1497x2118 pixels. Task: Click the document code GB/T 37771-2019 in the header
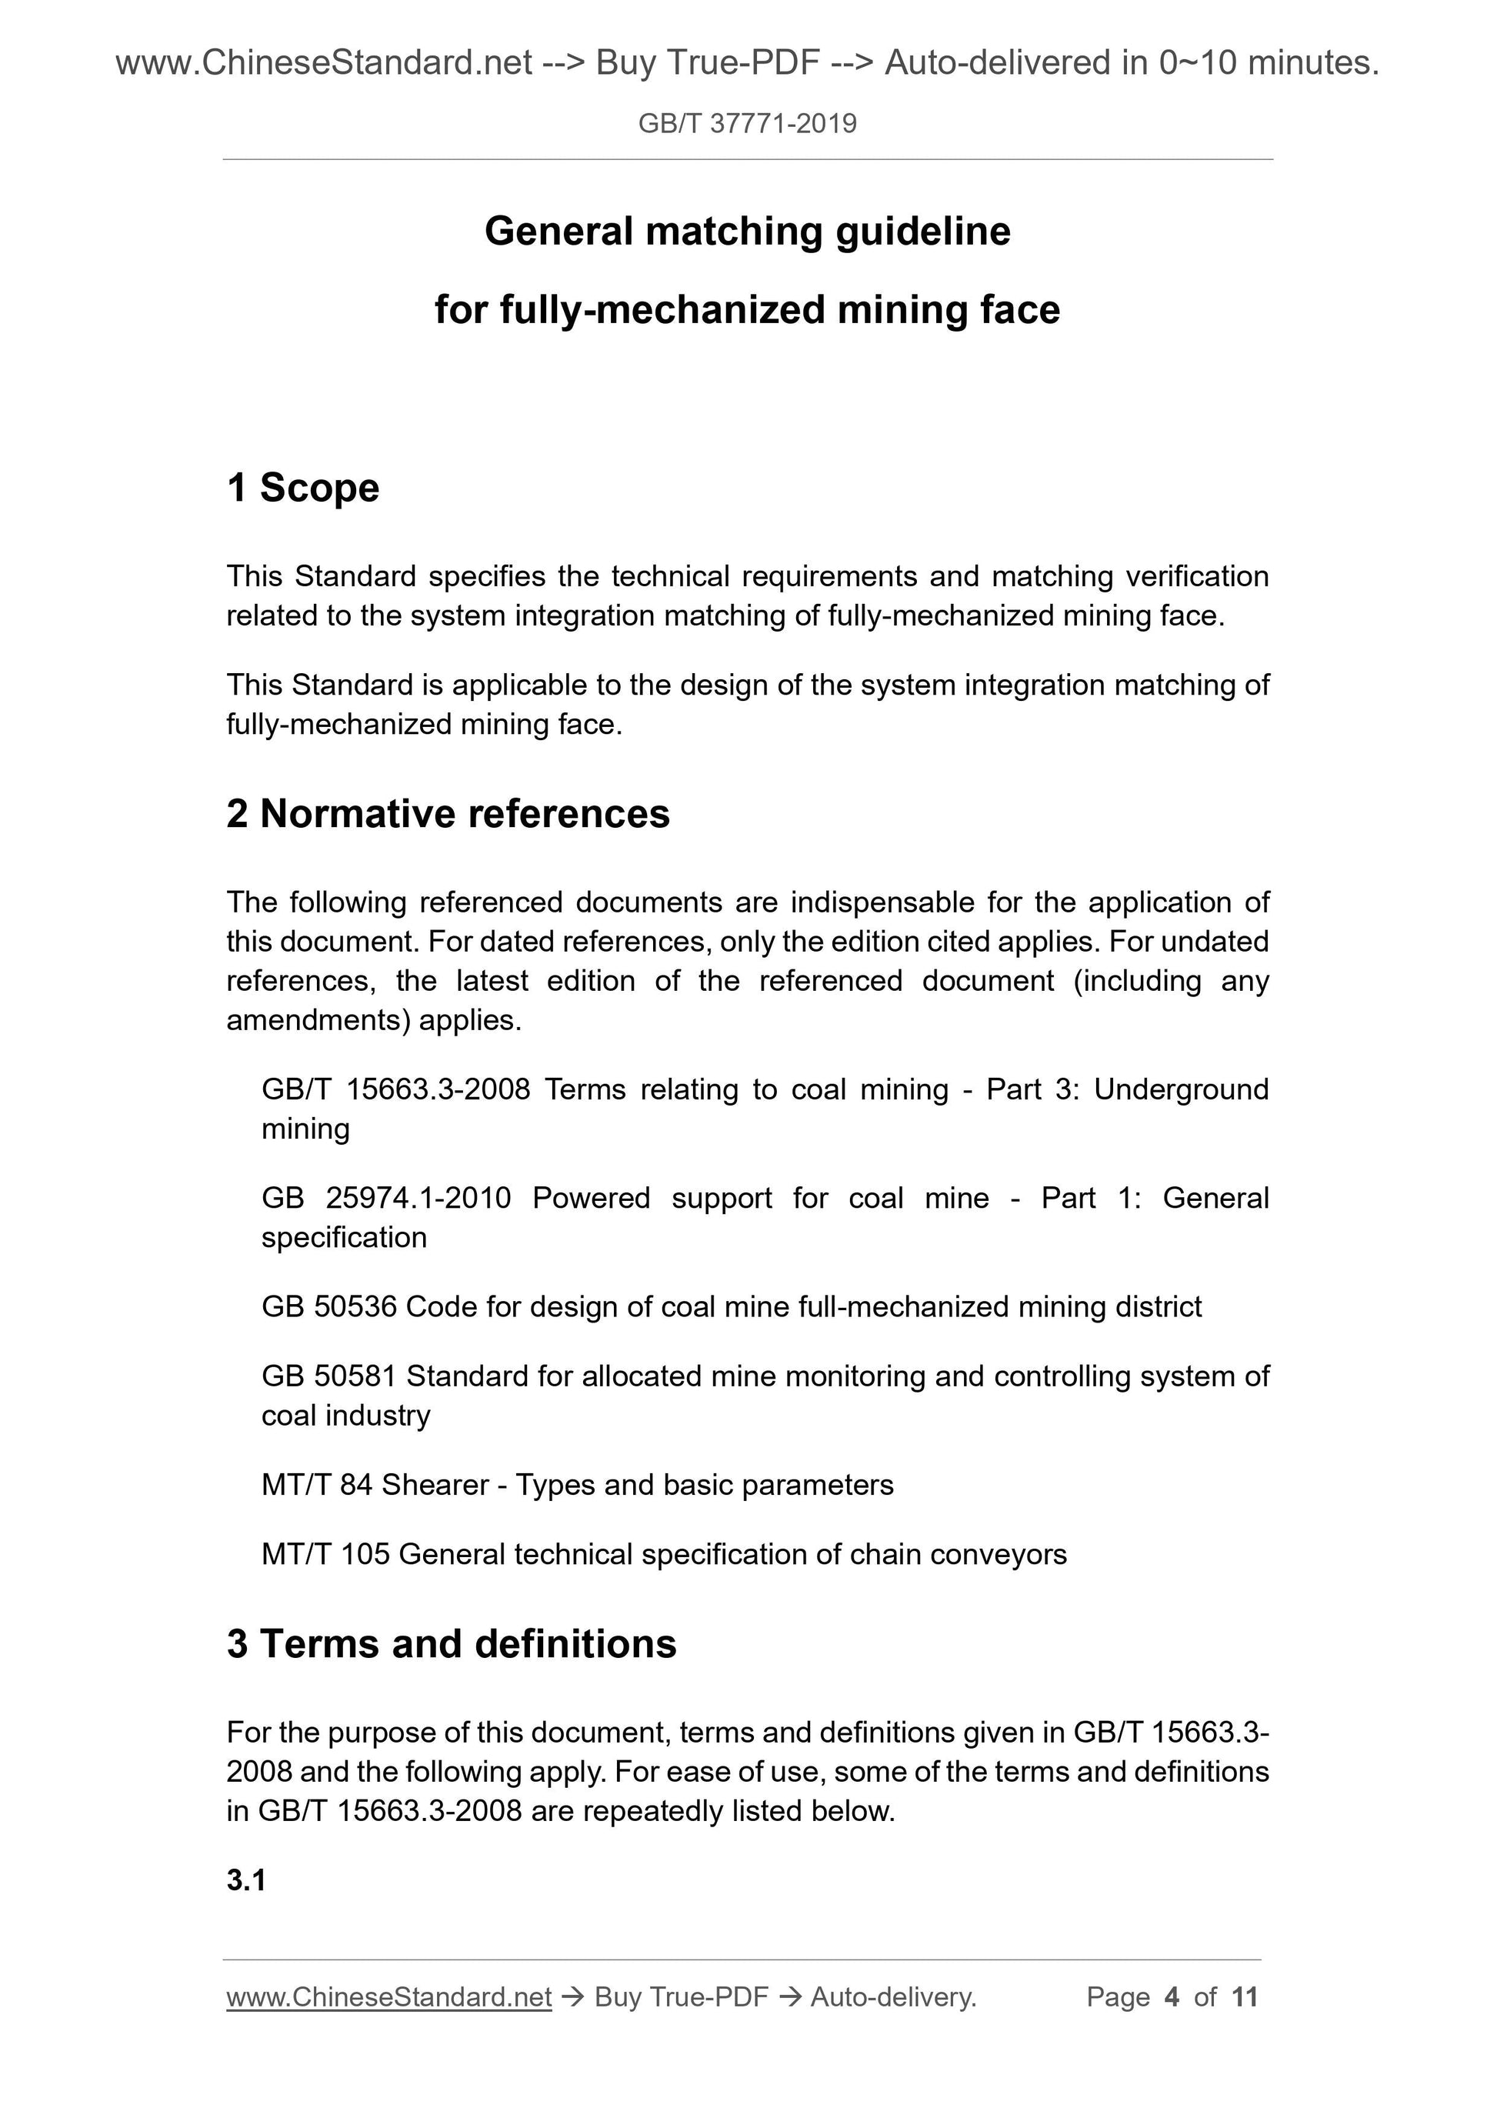(747, 124)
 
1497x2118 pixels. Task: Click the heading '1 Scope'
(302, 488)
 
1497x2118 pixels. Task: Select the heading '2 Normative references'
(448, 814)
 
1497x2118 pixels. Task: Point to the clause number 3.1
(246, 1880)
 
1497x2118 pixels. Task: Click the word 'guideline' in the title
(922, 232)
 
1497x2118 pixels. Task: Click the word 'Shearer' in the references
(435, 1484)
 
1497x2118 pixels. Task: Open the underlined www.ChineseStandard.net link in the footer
(388, 1997)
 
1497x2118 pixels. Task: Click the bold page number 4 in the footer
(1172, 1997)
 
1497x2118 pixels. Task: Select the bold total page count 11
(1244, 1997)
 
